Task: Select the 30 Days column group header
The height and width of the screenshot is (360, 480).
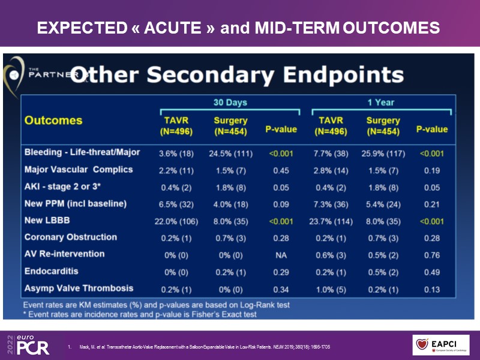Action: click(230, 103)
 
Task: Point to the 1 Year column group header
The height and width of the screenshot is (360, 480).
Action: click(381, 103)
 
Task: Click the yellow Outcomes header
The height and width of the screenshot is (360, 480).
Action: click(53, 120)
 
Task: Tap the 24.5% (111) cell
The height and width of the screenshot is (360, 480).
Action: click(230, 153)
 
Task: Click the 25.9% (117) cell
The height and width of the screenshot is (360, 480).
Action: click(383, 153)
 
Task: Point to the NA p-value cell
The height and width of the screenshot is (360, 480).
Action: click(281, 254)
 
